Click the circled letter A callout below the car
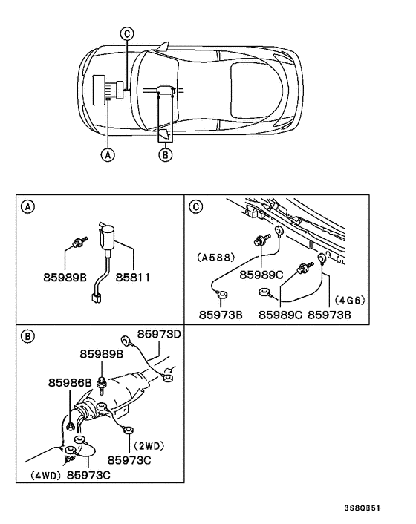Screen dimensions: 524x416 pos(108,155)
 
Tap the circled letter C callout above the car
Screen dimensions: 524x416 pos(127,33)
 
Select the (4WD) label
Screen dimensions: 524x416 pos(44,474)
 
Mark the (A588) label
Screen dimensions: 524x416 pos(216,258)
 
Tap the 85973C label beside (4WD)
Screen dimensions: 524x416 pos(91,474)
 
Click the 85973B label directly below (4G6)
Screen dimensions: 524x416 pos(331,315)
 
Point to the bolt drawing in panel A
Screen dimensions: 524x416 pos(78,240)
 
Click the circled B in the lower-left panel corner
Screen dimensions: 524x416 pos(27,336)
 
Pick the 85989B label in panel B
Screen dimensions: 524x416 pos(103,355)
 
